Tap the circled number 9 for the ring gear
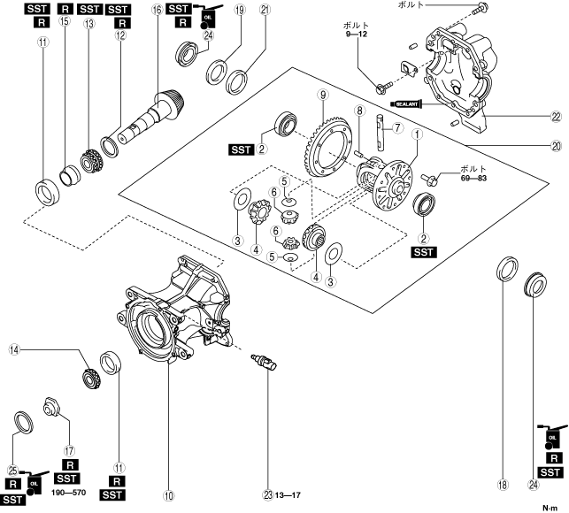325,95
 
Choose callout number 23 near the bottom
266,494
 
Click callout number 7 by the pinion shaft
398,127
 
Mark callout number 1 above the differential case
416,134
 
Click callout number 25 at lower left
12,470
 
